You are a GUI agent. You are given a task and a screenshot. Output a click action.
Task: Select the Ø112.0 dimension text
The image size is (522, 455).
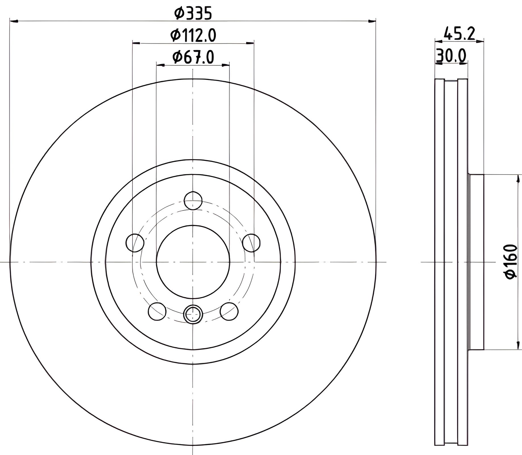[193, 35]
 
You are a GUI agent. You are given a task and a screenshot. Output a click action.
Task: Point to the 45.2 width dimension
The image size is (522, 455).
[459, 34]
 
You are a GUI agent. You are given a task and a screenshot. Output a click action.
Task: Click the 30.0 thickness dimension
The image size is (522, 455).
[451, 55]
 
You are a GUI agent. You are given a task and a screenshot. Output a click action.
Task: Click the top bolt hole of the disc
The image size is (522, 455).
[193, 201]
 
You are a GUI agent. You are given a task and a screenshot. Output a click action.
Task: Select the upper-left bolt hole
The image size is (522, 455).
[135, 243]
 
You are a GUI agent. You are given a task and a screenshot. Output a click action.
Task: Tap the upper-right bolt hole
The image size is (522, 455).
[251, 243]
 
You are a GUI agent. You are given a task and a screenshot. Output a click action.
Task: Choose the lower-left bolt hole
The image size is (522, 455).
[157, 311]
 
